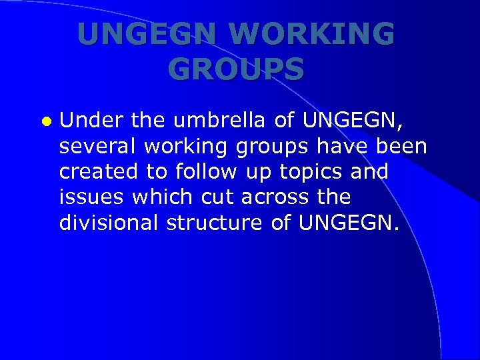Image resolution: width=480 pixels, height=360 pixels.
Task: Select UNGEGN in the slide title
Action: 147,35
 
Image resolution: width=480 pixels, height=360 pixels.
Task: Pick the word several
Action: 93,146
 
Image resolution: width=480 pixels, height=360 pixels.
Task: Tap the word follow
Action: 206,171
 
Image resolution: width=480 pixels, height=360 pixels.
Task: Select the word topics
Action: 308,171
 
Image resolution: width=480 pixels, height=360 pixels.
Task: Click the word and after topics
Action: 369,171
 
